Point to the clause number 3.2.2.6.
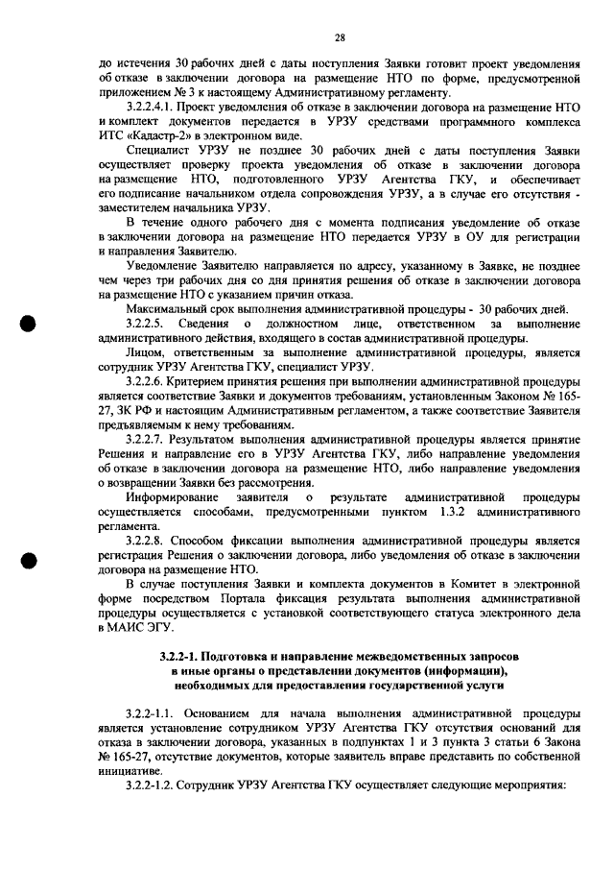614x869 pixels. [147, 383]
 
